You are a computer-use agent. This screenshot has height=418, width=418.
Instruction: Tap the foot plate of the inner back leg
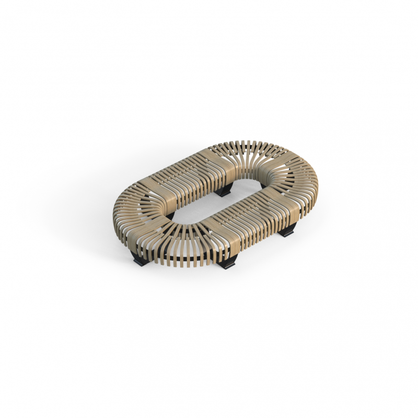[224, 194]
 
